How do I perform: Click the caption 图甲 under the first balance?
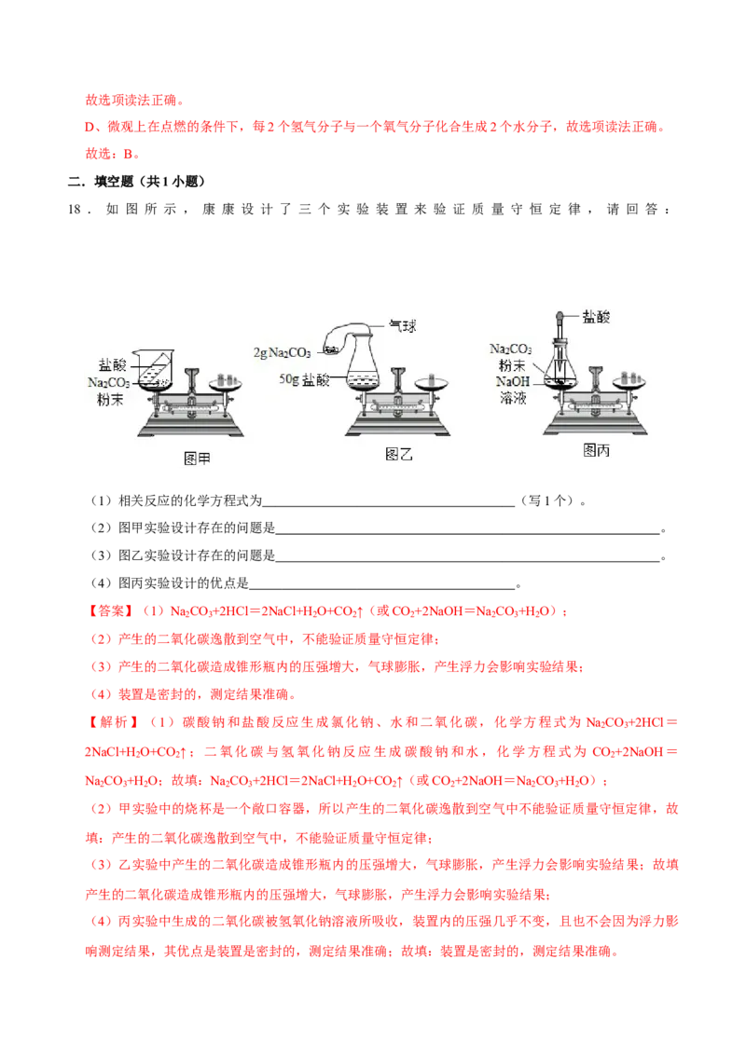point(197,459)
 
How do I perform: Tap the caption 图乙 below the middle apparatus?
point(398,455)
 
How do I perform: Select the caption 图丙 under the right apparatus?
point(596,451)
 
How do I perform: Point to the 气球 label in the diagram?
point(403,326)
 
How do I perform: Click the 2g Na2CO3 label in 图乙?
point(283,352)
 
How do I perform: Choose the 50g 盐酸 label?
point(304,380)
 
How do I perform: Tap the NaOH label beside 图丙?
point(513,381)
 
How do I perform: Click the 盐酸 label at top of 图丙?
point(596,317)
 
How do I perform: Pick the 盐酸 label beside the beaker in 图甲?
point(112,364)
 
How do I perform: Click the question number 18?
point(75,210)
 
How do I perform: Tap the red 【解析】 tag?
point(113,722)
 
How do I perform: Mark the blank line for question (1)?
point(389,506)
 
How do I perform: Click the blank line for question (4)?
point(381,589)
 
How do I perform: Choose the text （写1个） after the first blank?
point(547,501)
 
